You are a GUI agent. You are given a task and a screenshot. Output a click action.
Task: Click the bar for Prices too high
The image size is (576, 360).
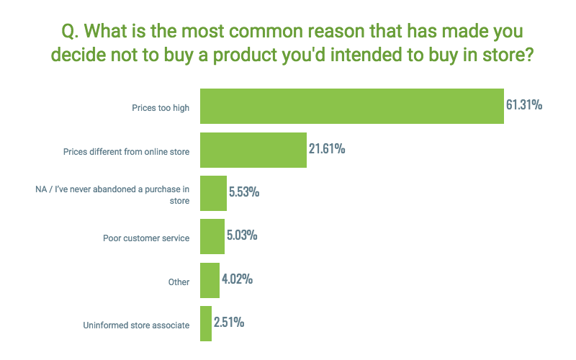pyautogui.click(x=351, y=107)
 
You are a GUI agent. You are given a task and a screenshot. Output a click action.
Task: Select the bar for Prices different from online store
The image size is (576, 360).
pyautogui.click(x=253, y=150)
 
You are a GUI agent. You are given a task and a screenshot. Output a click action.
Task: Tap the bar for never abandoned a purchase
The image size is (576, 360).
pyautogui.click(x=213, y=193)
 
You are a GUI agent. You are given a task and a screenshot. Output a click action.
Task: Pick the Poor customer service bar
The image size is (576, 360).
pyautogui.click(x=212, y=236)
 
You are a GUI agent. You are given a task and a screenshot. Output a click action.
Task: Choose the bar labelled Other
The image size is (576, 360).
pyautogui.click(x=210, y=280)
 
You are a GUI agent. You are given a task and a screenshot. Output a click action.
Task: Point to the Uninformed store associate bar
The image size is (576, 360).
pyautogui.click(x=205, y=323)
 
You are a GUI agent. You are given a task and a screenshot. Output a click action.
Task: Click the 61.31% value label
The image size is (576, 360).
pyautogui.click(x=523, y=105)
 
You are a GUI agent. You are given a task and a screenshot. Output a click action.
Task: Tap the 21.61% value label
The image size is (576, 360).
pyautogui.click(x=327, y=149)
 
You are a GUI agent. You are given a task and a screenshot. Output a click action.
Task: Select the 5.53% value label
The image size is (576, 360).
pyautogui.click(x=244, y=192)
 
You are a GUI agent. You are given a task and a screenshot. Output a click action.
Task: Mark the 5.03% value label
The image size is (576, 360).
pyautogui.click(x=243, y=235)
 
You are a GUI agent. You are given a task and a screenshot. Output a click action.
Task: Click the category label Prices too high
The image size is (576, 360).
pyautogui.click(x=161, y=108)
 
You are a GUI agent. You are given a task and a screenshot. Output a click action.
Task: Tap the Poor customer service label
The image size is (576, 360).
pyautogui.click(x=146, y=238)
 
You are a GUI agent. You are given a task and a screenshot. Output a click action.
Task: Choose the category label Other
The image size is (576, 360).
pyautogui.click(x=179, y=282)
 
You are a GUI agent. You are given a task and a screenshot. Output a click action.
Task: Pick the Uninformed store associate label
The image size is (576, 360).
pyautogui.click(x=136, y=325)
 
